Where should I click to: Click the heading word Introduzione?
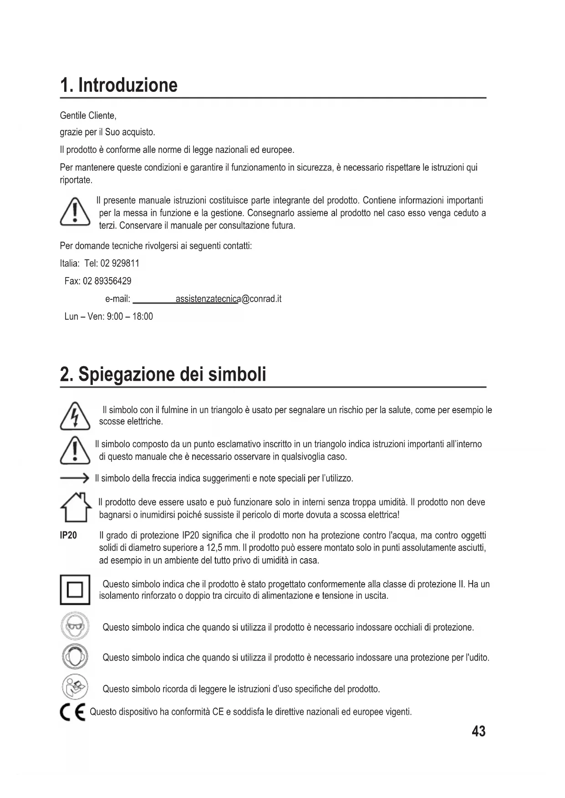[128, 86]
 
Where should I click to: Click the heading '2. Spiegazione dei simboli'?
[163, 375]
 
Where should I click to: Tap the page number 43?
[479, 732]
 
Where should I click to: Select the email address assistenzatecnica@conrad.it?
[229, 299]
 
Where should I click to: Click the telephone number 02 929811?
[120, 263]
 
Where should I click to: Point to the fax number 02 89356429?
[107, 281]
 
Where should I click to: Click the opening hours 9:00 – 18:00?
[130, 317]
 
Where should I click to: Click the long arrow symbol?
[75, 478]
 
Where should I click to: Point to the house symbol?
[75, 508]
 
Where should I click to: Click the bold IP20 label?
[69, 535]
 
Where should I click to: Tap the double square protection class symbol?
[75, 590]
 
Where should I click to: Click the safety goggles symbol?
[75, 627]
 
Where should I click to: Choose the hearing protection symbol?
[75, 657]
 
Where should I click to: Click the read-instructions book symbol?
[75, 687]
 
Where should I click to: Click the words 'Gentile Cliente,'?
[88, 116]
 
